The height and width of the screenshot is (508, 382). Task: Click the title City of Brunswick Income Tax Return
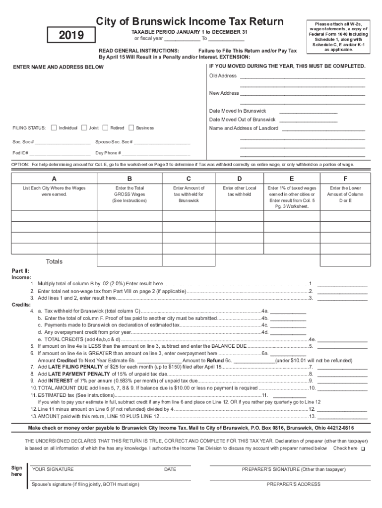(x=190, y=21)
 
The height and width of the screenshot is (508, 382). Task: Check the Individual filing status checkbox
(x=54, y=127)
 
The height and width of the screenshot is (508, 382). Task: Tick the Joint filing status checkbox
(x=84, y=127)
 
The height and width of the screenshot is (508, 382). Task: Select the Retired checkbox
(x=105, y=127)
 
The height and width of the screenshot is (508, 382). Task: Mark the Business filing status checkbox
(x=131, y=127)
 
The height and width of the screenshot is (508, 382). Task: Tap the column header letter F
(x=345, y=179)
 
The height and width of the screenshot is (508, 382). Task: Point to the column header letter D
(x=240, y=179)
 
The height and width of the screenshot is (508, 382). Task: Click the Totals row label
(x=54, y=261)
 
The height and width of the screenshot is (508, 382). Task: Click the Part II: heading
(x=20, y=271)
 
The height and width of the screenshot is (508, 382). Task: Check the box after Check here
(x=363, y=448)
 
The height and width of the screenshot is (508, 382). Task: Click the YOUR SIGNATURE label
(x=53, y=469)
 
